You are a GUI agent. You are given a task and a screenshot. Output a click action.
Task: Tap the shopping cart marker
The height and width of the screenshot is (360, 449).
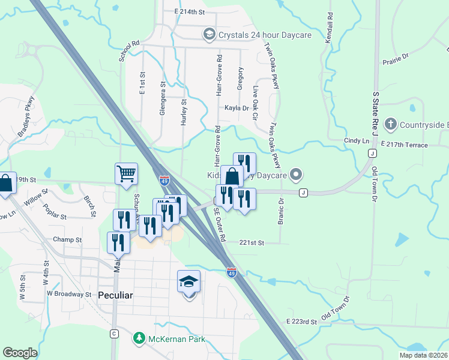pos(127,174)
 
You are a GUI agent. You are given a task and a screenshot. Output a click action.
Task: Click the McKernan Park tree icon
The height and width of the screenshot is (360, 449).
pos(139,339)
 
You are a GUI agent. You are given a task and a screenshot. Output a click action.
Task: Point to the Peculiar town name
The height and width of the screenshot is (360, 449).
pos(116,296)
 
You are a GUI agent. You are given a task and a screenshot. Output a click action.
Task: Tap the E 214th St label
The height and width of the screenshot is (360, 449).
pos(189,12)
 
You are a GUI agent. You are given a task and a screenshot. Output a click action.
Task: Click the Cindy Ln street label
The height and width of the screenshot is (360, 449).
pos(357,140)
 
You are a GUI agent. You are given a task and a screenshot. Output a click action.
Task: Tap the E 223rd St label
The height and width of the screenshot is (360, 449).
pos(301,322)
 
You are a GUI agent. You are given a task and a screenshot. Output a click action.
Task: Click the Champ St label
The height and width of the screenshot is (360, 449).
pos(67,239)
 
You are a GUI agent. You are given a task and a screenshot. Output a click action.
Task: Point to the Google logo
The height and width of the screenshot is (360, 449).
pos(20,353)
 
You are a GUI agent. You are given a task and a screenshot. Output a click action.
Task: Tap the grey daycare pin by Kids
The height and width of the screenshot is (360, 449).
pos(295,175)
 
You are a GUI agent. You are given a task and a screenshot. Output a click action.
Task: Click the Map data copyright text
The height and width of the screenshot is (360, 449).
pos(423,355)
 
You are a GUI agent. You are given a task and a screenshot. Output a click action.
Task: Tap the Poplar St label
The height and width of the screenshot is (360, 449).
pos(54,212)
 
